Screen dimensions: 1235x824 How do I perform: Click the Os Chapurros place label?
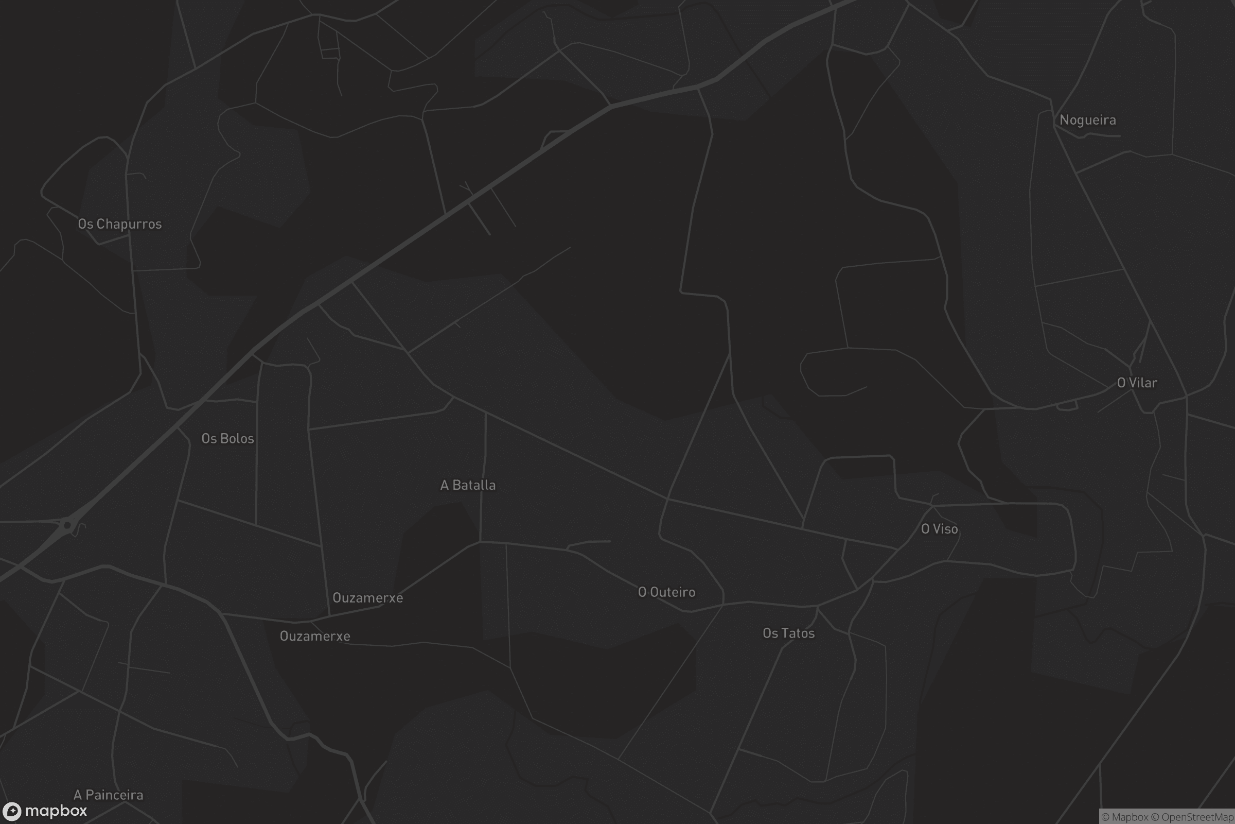tap(120, 224)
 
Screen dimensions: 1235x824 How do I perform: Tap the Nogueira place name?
tap(1087, 120)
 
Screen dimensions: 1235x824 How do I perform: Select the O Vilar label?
tap(1137, 383)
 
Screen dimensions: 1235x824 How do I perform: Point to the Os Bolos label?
tap(227, 438)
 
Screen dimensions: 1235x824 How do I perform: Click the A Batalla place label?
tap(468, 485)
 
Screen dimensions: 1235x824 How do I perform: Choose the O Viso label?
tap(940, 529)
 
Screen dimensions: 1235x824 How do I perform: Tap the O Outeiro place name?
tap(666, 592)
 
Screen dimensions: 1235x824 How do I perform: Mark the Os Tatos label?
tap(788, 633)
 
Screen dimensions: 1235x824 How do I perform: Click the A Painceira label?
tap(108, 795)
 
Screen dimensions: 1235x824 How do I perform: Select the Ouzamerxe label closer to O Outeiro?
tap(367, 598)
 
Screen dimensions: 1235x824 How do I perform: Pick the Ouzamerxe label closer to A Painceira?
tap(314, 637)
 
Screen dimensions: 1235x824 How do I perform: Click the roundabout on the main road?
tap(67, 525)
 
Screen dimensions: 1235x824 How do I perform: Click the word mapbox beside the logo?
tap(56, 811)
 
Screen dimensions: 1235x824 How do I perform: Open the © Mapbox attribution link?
tap(1125, 817)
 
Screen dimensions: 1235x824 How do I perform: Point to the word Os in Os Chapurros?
tap(85, 224)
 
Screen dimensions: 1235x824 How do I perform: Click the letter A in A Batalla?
tap(444, 485)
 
